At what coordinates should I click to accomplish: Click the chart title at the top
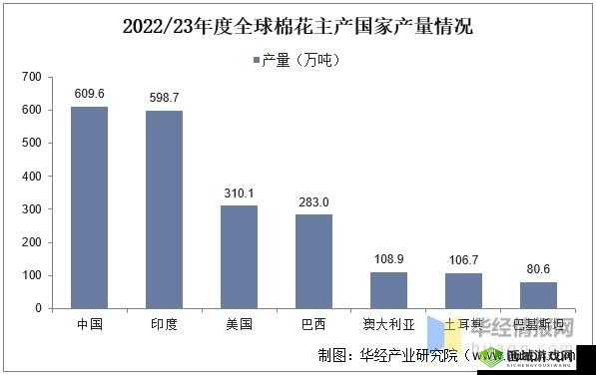tap(298, 27)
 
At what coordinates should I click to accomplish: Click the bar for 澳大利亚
tap(388, 290)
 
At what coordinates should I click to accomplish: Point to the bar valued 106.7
tap(463, 290)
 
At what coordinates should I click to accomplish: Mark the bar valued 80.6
tap(538, 295)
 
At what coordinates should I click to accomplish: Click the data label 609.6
tap(89, 94)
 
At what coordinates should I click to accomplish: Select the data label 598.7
tap(164, 98)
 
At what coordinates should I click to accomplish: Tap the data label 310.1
tap(239, 192)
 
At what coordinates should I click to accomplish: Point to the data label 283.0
tap(313, 201)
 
